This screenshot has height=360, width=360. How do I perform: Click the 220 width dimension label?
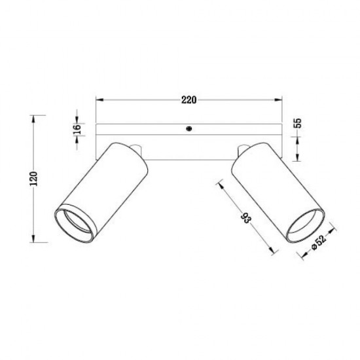[x=189, y=100]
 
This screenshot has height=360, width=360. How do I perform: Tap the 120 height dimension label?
[x=35, y=179]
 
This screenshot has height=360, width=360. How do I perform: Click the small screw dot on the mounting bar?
[x=189, y=130]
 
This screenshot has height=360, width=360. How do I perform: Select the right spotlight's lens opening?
[x=304, y=223]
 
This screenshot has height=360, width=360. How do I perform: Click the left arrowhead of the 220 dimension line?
[x=99, y=100]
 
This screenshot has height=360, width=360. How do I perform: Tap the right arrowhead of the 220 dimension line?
[x=281, y=100]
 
